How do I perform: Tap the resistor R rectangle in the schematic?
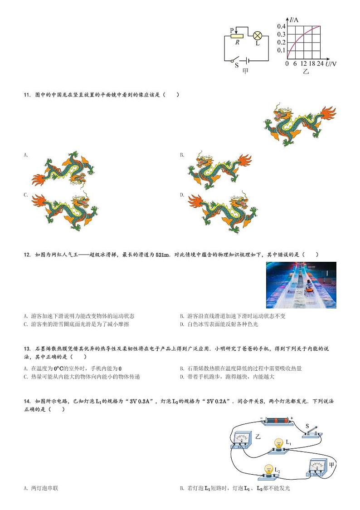tap(237, 35)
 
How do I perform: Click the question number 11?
tap(26, 94)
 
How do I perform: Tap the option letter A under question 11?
tap(26, 155)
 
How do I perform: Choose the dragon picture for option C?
tap(65, 211)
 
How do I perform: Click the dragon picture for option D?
tap(219, 212)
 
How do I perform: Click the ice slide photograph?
tap(301, 285)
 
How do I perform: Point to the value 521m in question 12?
tap(162, 255)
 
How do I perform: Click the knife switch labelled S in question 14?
tap(312, 431)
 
